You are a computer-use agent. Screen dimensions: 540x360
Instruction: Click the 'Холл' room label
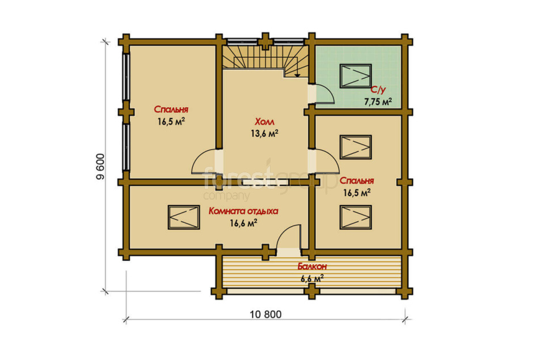point(264,122)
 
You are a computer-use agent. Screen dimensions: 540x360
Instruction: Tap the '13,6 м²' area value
point(264,134)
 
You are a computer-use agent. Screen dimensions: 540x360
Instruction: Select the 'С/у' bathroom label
point(378,90)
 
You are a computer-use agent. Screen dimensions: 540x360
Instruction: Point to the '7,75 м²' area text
point(378,101)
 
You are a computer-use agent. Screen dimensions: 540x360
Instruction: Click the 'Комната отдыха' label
point(243,211)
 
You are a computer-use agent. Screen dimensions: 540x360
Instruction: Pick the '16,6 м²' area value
point(243,223)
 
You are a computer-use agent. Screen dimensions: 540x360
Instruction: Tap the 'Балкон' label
point(312,266)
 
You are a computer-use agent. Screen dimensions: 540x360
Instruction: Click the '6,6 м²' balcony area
point(312,278)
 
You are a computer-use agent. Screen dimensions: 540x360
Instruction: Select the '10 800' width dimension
point(265,314)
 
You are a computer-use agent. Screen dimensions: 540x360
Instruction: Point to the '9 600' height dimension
point(100,167)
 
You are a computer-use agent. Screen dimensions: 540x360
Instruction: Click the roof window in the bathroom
point(356,76)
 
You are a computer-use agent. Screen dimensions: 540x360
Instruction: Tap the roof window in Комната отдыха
point(184,217)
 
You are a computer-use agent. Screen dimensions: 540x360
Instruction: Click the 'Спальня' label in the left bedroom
point(171,109)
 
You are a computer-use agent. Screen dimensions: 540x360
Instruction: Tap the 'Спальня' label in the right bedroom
point(357,181)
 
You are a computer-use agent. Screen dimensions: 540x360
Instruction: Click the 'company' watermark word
point(226,196)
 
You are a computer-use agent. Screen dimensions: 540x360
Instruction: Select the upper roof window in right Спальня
point(356,147)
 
